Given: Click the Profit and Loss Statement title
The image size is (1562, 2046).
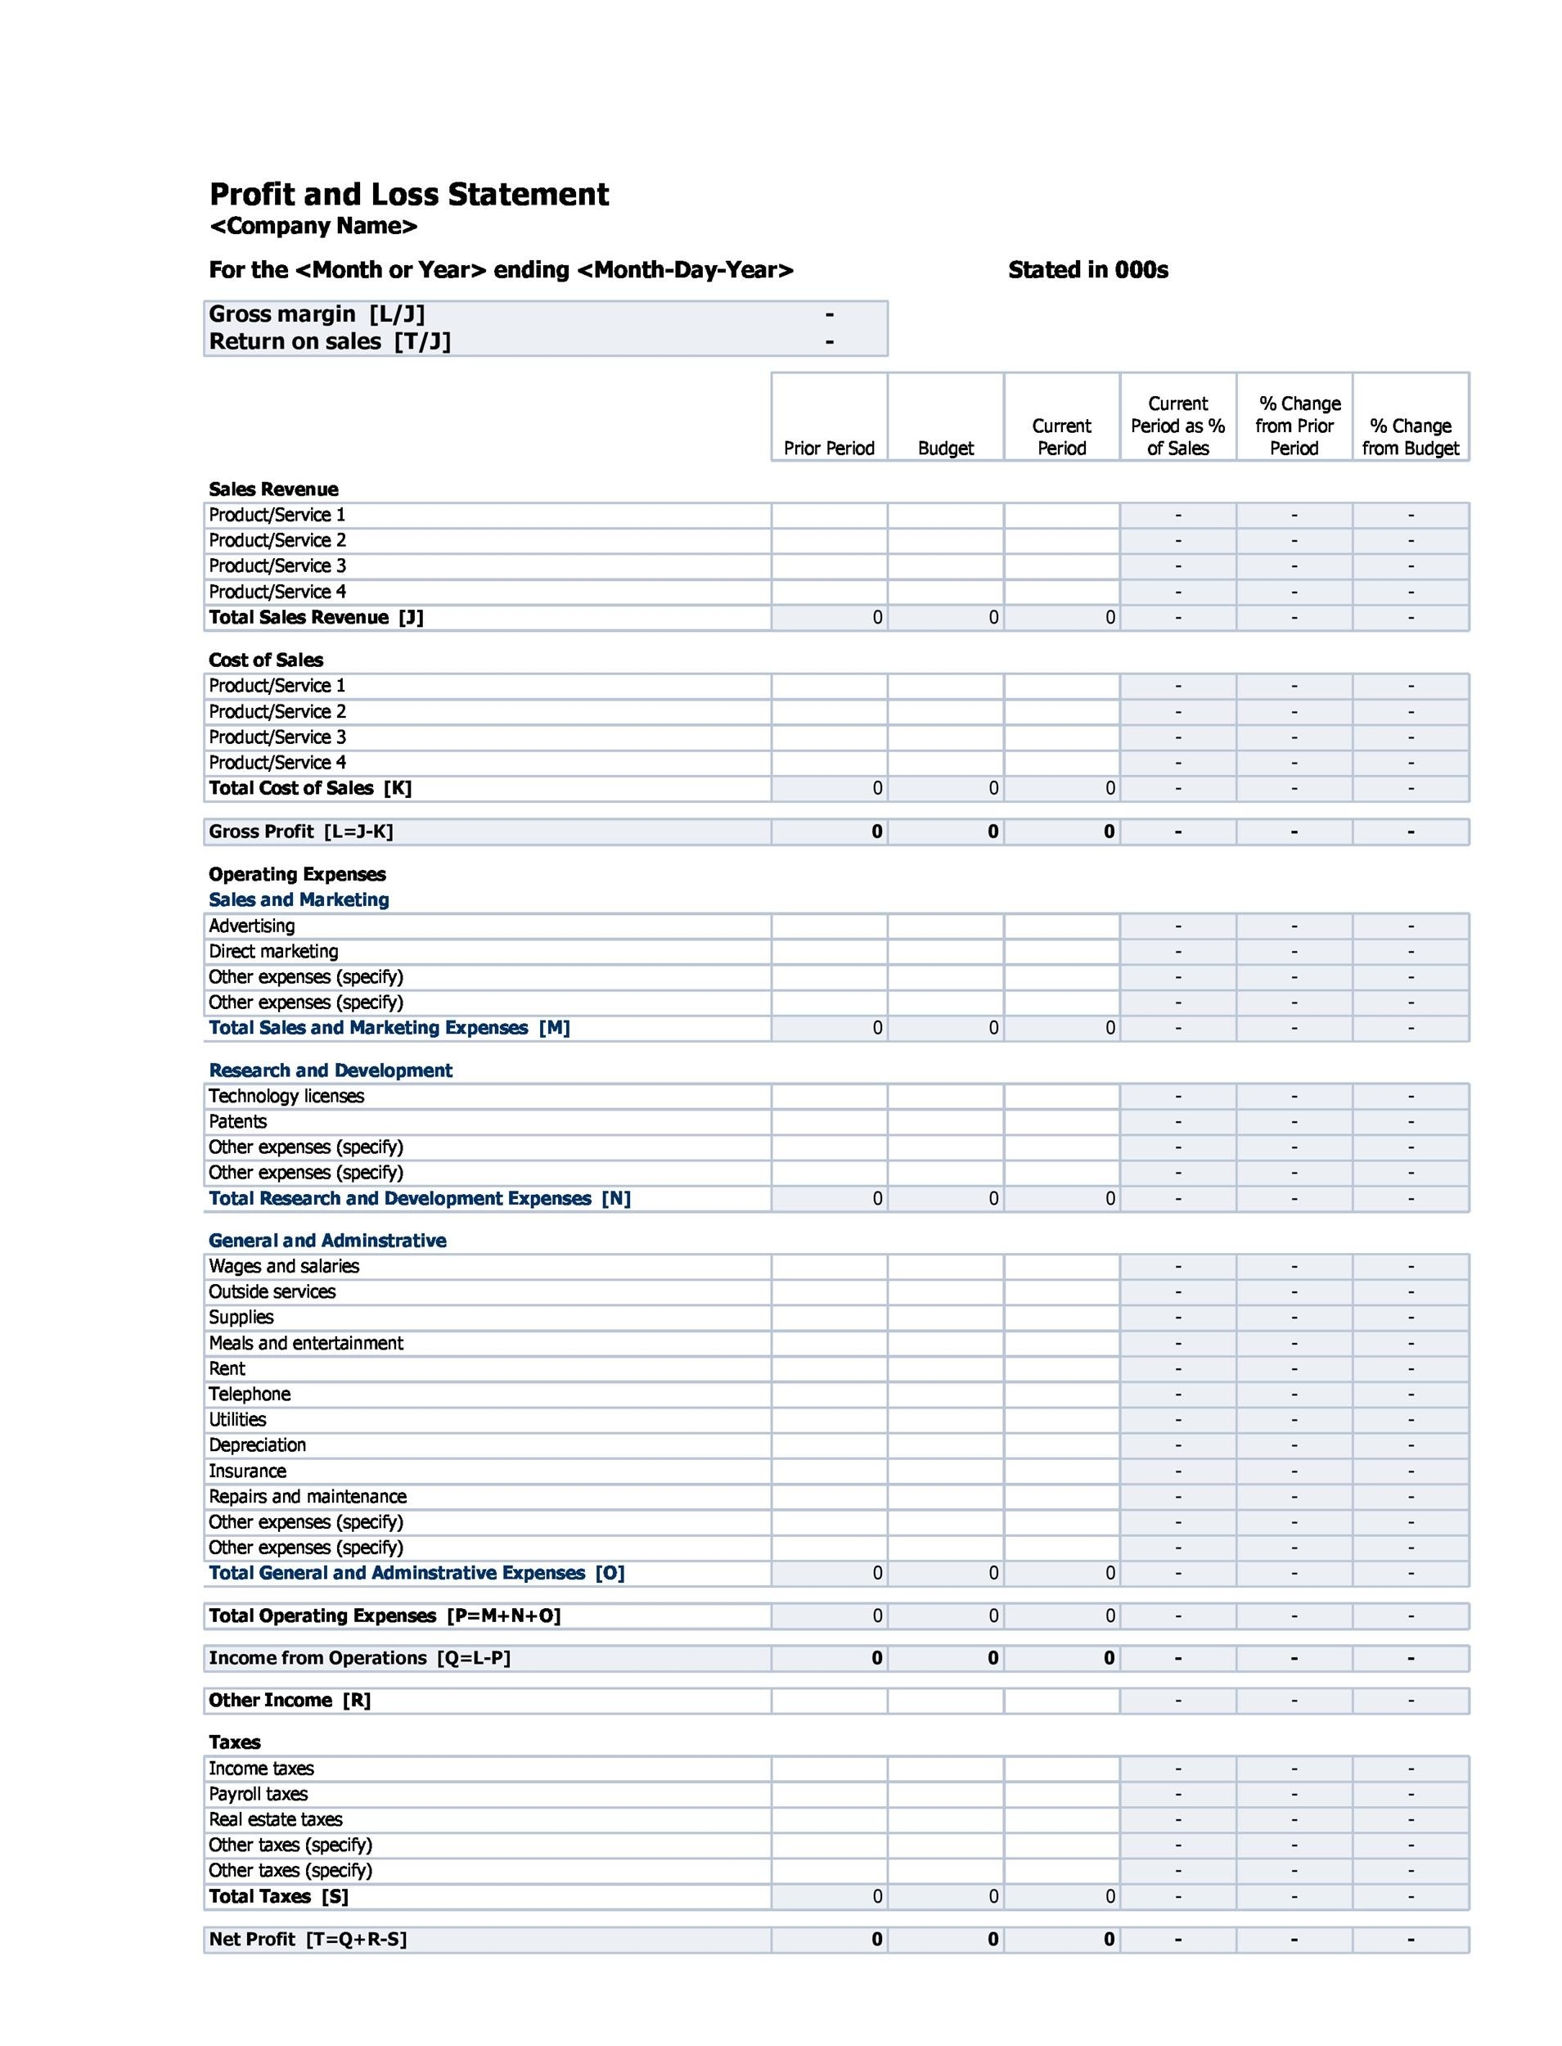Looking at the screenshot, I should pyautogui.click(x=408, y=195).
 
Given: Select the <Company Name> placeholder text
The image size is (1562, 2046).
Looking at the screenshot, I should pyautogui.click(x=313, y=226).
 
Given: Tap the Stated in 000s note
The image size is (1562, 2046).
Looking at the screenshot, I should pyautogui.click(x=1087, y=271).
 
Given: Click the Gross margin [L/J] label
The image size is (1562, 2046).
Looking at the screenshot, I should pyautogui.click(x=316, y=314).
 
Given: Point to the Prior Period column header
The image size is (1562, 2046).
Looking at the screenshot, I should pyautogui.click(x=828, y=448).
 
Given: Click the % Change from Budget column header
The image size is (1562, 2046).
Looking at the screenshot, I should pyautogui.click(x=1410, y=437).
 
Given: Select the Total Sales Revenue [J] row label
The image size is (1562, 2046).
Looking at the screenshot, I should pyautogui.click(x=315, y=618).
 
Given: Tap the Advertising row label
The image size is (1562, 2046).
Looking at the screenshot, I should pyautogui.click(x=251, y=926).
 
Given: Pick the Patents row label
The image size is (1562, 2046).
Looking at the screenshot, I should pyautogui.click(x=237, y=1121).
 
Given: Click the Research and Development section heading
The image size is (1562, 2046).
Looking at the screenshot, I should pyautogui.click(x=330, y=1070).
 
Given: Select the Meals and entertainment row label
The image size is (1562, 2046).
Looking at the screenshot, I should pyautogui.click(x=306, y=1343).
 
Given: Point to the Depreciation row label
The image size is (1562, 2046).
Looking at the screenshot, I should pyautogui.click(x=257, y=1445).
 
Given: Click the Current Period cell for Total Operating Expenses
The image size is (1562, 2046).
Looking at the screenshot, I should pyautogui.click(x=1061, y=1616).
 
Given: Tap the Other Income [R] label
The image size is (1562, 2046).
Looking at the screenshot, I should pyautogui.click(x=289, y=1701).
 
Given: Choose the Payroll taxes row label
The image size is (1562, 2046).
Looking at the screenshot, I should pyautogui.click(x=258, y=1794).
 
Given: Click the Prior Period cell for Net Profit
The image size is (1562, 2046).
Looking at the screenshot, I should pyautogui.click(x=828, y=1940).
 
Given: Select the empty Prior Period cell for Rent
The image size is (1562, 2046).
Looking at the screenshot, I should pyautogui.click(x=828, y=1369).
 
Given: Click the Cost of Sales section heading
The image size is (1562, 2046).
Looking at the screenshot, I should pyautogui.click(x=266, y=660).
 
